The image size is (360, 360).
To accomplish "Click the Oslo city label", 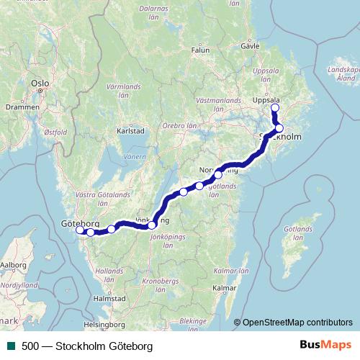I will click(40, 84).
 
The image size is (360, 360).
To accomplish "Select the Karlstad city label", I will click(131, 132).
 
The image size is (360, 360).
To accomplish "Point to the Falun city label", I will click(200, 50).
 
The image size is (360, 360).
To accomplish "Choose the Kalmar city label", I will click(225, 288).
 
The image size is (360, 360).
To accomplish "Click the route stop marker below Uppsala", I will click(274, 108).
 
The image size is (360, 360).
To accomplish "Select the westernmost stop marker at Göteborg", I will click(80, 230).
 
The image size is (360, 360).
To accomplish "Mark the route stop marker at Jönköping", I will click(152, 225).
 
